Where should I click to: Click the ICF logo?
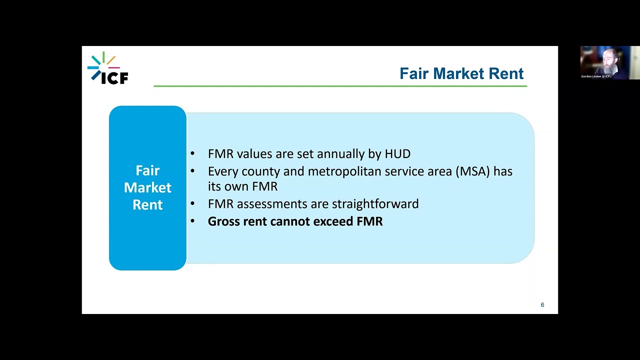click(108, 68)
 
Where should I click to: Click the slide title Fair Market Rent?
click(461, 73)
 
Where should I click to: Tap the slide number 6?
click(542, 305)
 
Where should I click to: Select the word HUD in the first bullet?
click(397, 154)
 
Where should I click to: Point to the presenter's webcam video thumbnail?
click(609, 62)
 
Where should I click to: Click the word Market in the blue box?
click(147, 187)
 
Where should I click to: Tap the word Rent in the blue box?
click(147, 204)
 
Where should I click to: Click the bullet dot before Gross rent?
click(192, 221)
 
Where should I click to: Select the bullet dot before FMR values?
click(192, 153)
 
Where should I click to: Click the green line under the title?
click(340, 86)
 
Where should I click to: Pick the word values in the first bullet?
click(254, 154)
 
